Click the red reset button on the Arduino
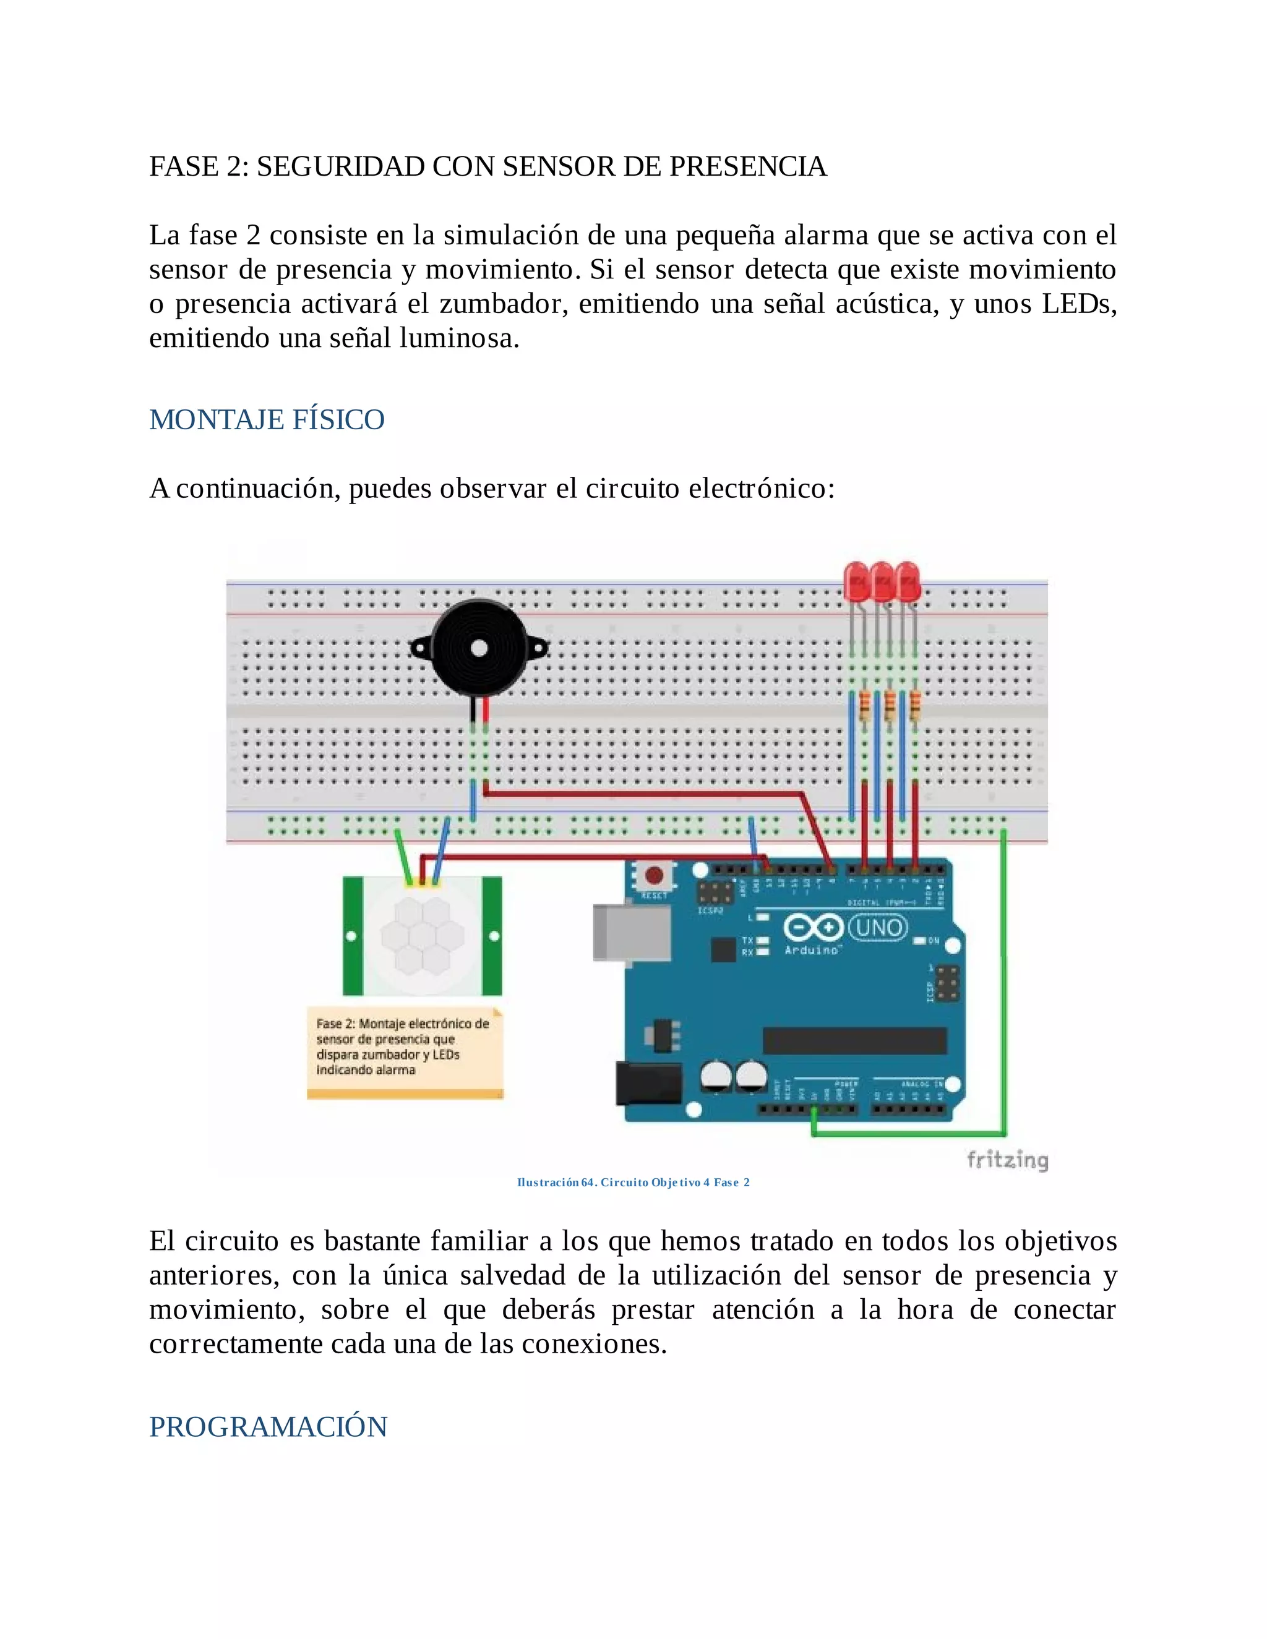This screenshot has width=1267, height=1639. pyautogui.click(x=654, y=875)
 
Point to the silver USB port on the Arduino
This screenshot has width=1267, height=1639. pyautogui.click(x=631, y=932)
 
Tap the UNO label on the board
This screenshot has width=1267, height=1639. pyautogui.click(x=878, y=928)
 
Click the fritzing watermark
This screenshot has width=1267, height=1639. pyautogui.click(x=1007, y=1160)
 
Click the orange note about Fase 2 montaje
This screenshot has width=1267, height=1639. pyautogui.click(x=404, y=1050)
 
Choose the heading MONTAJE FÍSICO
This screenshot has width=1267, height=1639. pyautogui.click(x=267, y=419)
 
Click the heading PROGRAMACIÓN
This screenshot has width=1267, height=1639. pyautogui.click(x=268, y=1427)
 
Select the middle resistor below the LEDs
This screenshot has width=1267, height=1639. pyautogui.click(x=890, y=706)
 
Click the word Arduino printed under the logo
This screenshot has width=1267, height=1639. pyautogui.click(x=812, y=950)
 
